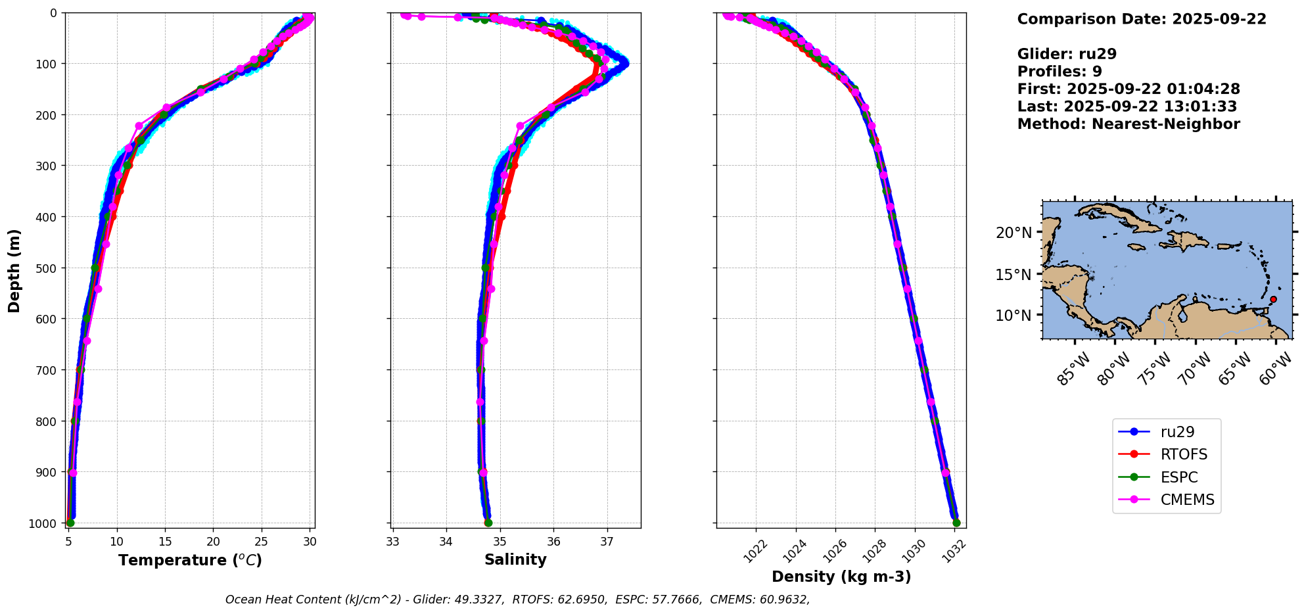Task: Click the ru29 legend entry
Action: coord(1166,432)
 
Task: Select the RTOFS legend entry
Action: coord(1166,455)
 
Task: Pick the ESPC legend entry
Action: coord(1166,477)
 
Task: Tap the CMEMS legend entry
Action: coord(1166,500)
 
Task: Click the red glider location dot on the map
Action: coord(1273,299)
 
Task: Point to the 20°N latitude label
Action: coord(1013,233)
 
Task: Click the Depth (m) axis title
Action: coord(14,270)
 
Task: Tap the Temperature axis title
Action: coord(190,560)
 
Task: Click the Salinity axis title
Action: coord(515,559)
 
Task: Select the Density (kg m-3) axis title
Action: coord(841,577)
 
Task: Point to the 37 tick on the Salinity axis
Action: coord(607,542)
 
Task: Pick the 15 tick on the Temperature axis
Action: coord(165,542)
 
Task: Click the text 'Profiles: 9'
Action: coord(1059,72)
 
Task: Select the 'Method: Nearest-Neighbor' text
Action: coord(1129,124)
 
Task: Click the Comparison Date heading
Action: coord(1142,19)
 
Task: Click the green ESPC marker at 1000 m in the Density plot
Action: coord(956,523)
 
